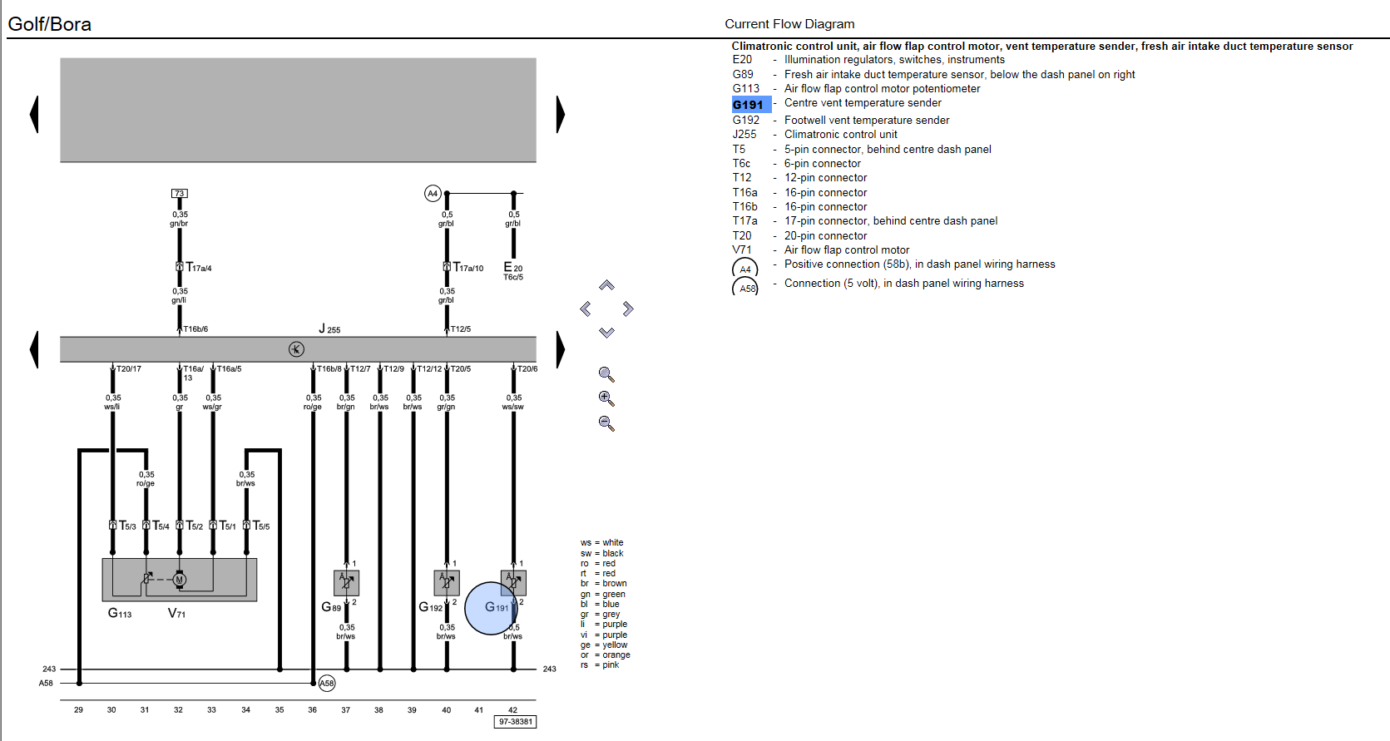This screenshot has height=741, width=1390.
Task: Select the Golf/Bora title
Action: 50,23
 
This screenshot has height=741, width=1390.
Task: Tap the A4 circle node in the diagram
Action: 433,194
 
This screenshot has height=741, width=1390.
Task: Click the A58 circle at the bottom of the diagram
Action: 326,684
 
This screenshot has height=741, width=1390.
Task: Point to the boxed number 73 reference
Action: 180,194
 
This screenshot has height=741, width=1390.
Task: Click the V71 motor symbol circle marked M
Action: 180,580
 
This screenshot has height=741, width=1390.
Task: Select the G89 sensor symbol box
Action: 346,583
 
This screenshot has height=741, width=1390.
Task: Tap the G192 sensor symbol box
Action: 447,583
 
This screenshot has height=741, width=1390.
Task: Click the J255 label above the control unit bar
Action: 329,329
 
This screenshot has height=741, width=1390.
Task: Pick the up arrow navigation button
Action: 606,285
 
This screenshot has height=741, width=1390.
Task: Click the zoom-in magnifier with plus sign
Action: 606,398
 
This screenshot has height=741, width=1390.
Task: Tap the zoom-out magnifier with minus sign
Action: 606,424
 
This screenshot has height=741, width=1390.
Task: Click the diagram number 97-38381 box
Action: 515,722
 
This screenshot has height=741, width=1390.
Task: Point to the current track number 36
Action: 312,710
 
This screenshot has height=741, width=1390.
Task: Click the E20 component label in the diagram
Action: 512,268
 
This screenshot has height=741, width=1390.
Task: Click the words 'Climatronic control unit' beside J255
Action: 841,135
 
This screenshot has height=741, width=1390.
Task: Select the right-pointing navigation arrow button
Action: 628,309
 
